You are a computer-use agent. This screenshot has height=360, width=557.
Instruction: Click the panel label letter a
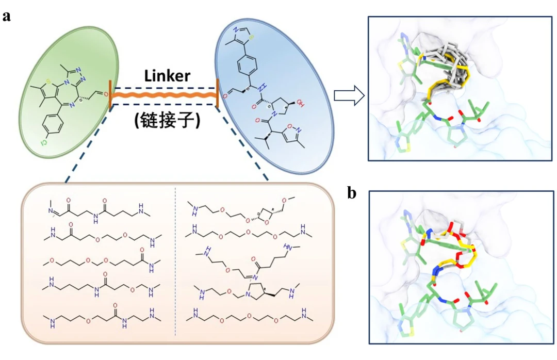point(7,16)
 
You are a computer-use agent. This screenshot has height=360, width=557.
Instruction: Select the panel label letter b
point(352,193)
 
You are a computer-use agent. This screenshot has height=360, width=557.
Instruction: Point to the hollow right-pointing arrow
point(349,96)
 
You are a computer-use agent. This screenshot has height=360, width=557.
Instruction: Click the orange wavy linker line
point(163,96)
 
